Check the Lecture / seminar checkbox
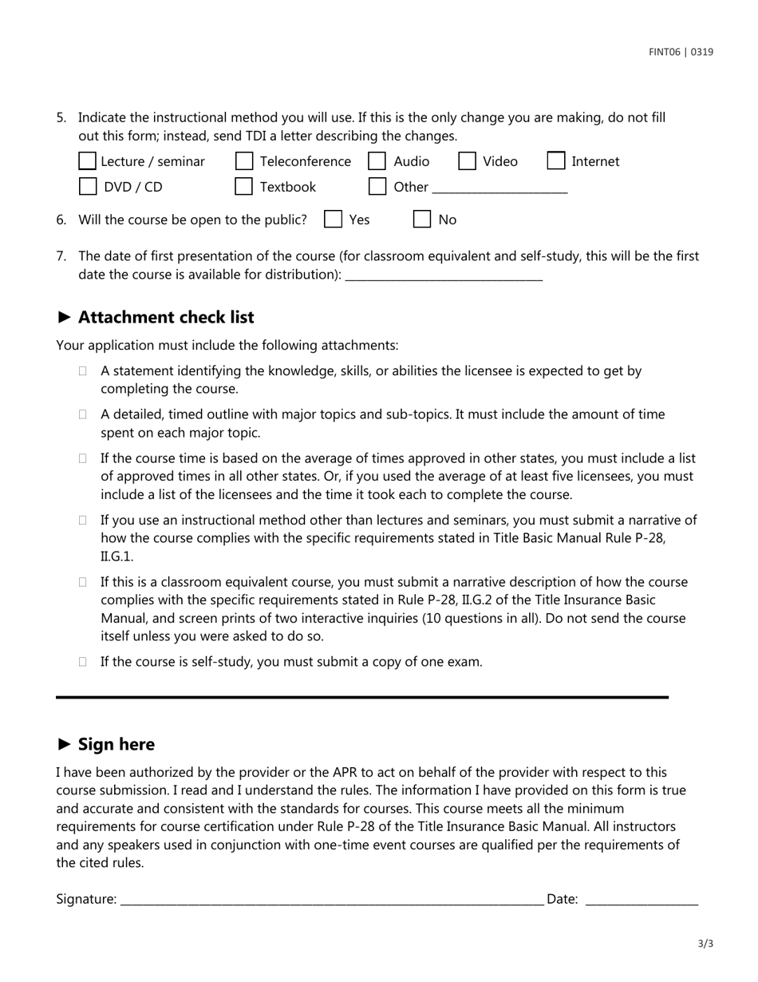[x=87, y=161]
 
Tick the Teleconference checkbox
[x=244, y=161]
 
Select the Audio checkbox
[x=377, y=161]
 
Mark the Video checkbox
[x=468, y=161]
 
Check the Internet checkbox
[x=556, y=161]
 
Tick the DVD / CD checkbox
[x=87, y=187]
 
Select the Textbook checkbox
[x=244, y=187]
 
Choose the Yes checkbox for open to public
[x=334, y=220]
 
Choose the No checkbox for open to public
[x=422, y=220]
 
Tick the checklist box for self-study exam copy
[x=84, y=662]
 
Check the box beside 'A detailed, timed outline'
[x=84, y=414]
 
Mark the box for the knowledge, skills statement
[x=84, y=371]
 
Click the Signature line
[x=331, y=900]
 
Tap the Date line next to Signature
[x=642, y=900]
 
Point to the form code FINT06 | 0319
[x=681, y=52]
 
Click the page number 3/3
[x=705, y=944]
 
